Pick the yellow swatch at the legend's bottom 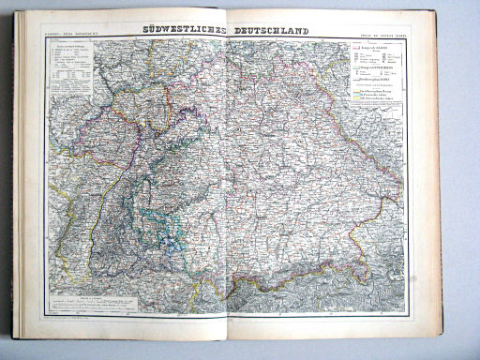click(x=355, y=98)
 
